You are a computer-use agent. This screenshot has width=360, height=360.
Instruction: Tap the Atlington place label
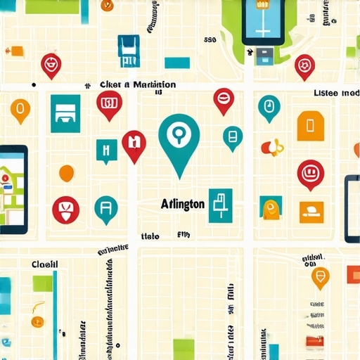tap(182, 204)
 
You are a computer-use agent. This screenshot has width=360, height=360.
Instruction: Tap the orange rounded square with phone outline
tap(308, 125)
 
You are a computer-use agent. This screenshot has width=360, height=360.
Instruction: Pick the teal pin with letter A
tap(105, 208)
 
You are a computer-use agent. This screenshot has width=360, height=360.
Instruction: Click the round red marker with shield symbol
tap(66, 209)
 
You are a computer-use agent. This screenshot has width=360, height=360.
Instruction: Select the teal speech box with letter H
tap(106, 150)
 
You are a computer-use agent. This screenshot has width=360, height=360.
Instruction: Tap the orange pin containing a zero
tap(20, 110)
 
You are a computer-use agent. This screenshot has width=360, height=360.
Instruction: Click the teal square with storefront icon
tap(65, 113)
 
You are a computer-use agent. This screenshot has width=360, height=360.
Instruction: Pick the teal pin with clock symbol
tap(268, 108)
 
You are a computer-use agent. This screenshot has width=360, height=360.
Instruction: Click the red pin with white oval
tap(223, 101)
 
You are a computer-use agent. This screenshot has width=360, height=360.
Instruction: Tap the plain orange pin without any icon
tap(67, 172)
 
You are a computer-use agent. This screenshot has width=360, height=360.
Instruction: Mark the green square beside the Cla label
tap(43, 283)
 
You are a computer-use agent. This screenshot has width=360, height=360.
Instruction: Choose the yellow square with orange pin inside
tap(270, 207)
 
